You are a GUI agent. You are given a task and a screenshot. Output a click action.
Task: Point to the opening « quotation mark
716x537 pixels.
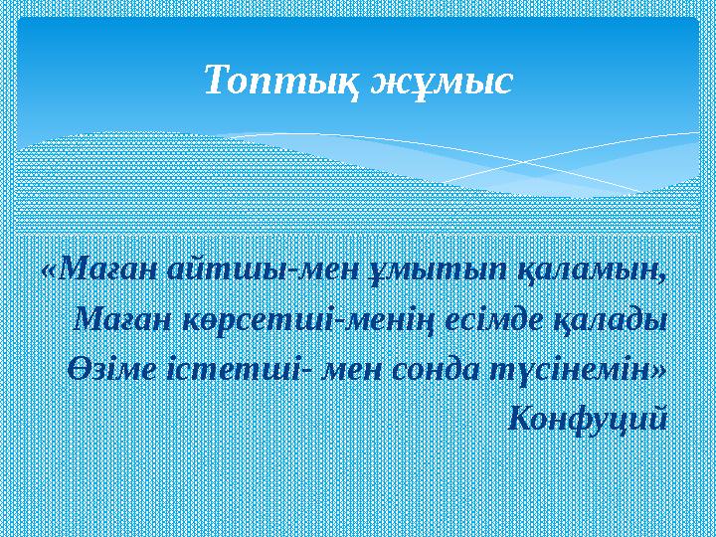pyautogui.click(x=50, y=269)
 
